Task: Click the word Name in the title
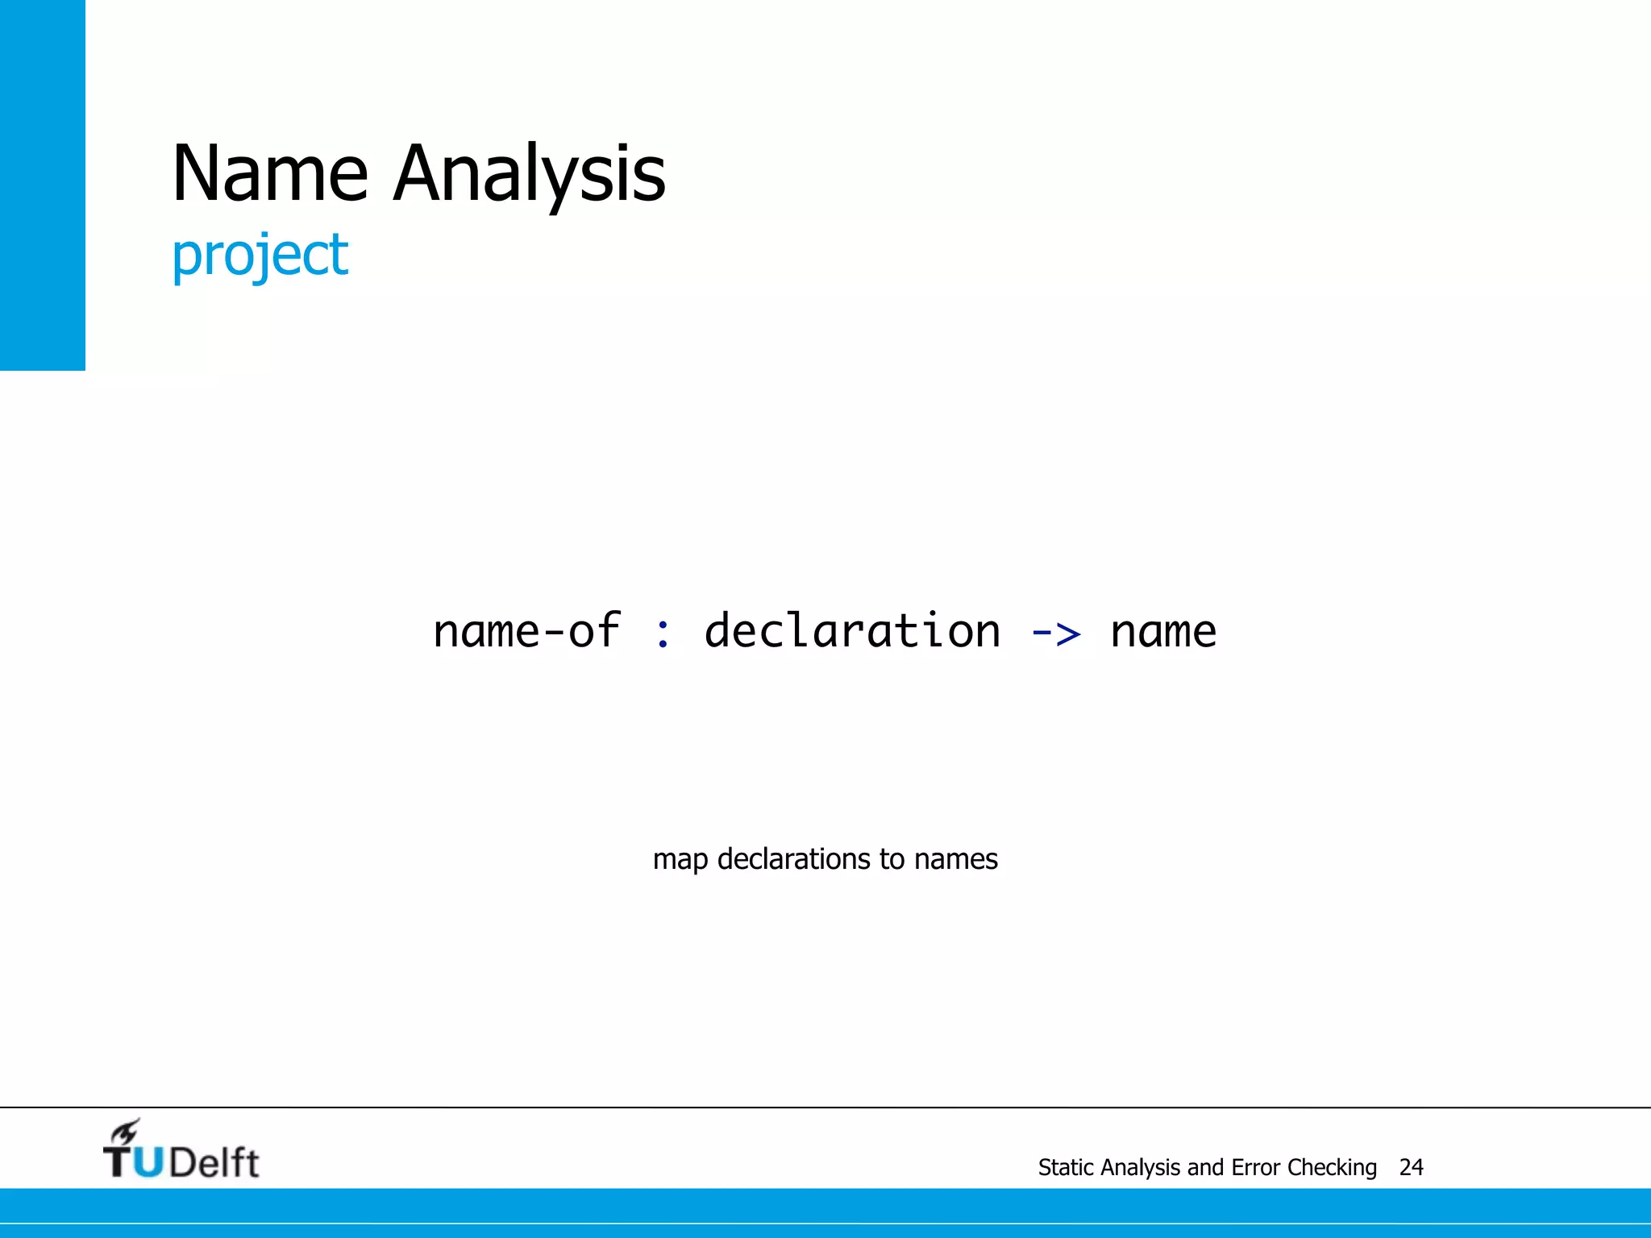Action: coord(270,173)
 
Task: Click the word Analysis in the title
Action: coord(530,173)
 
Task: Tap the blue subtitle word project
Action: coord(260,255)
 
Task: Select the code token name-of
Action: coord(526,631)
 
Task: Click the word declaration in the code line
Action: coord(852,631)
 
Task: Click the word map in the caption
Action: coord(680,860)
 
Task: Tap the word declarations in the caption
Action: coord(794,859)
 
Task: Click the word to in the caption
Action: coord(892,859)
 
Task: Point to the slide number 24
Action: coord(1411,1168)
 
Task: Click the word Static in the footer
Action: coord(1066,1168)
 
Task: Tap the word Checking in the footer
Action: coord(1332,1168)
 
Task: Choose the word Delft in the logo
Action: coord(214,1162)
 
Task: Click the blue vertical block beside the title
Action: coord(42,185)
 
